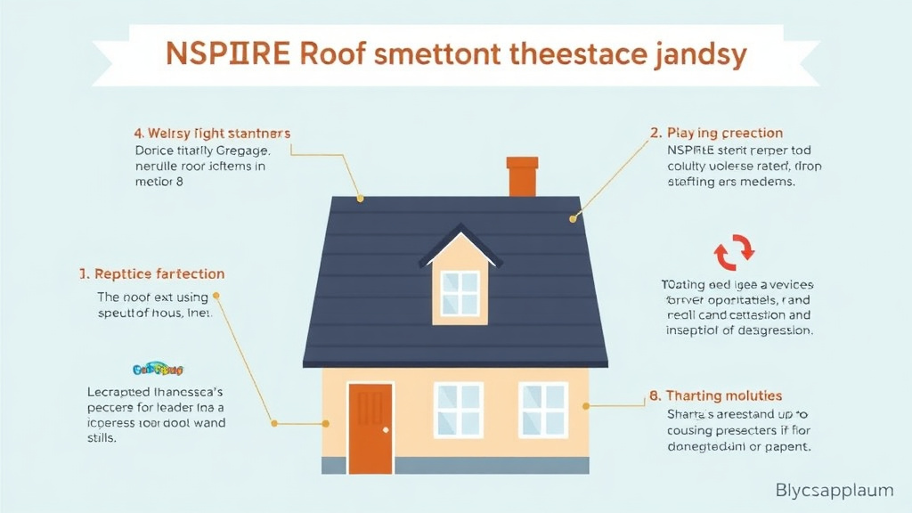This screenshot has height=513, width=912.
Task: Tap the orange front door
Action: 370,428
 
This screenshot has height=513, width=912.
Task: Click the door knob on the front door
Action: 386,430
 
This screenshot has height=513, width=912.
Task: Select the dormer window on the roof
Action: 460,293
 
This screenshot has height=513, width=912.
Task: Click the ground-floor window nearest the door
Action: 459,410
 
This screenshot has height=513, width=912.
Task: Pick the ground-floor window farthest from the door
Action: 543,410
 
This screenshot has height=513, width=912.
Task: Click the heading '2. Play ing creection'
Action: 717,133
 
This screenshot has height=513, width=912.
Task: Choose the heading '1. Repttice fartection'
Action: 146,273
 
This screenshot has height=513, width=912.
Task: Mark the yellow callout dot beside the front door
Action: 275,423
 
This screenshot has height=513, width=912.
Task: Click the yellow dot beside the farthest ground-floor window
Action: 585,406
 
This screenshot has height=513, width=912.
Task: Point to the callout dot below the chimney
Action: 574,217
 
